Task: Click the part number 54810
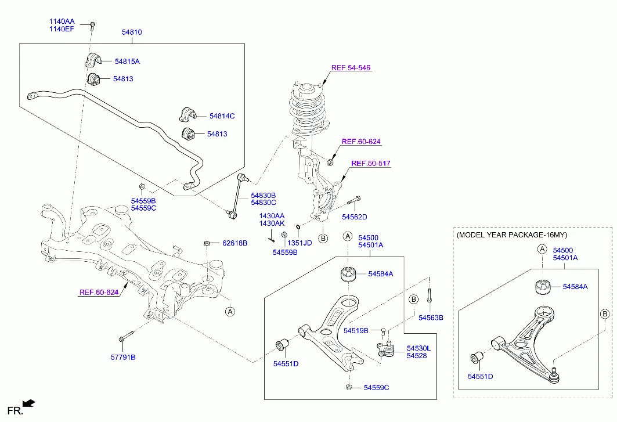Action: (x=131, y=33)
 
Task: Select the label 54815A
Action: (x=127, y=61)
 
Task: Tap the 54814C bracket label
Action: (x=221, y=116)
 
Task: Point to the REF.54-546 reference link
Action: (x=351, y=68)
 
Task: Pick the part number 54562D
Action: (x=354, y=217)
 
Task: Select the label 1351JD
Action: (x=300, y=243)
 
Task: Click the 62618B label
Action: (x=234, y=243)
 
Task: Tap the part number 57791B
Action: (x=122, y=357)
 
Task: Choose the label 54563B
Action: (x=431, y=318)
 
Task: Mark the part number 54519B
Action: (x=356, y=331)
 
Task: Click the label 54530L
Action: (x=418, y=348)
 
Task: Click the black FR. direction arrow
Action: (x=28, y=402)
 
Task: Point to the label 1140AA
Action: (x=62, y=21)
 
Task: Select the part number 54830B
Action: (x=263, y=195)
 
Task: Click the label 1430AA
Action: (x=272, y=215)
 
